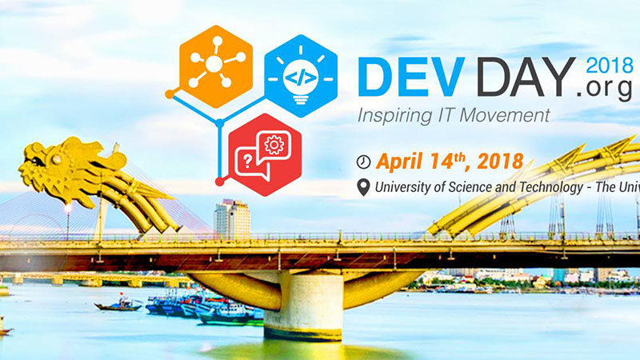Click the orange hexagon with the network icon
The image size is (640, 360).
(x=215, y=66)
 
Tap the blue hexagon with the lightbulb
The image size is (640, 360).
(x=301, y=76)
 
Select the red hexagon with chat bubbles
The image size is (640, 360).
(x=265, y=154)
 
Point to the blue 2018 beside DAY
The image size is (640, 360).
(x=610, y=66)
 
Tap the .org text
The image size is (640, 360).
(x=606, y=87)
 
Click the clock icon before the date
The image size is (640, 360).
(x=363, y=162)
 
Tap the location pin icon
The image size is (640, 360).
(x=363, y=187)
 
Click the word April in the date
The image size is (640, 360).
(x=400, y=162)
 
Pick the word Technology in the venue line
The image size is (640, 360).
(x=550, y=187)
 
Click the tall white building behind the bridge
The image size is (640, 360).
(x=232, y=218)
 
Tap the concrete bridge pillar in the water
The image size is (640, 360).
(x=303, y=306)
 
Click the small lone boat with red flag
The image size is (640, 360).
(x=118, y=305)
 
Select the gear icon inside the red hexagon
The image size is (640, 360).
(x=274, y=145)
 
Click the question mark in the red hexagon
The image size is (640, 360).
(x=247, y=162)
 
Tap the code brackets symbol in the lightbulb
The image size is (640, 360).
(x=301, y=78)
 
